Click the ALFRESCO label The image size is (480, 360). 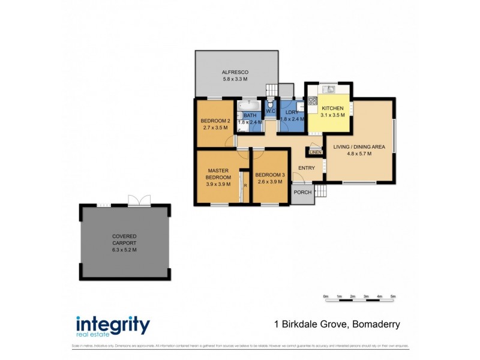click(235, 71)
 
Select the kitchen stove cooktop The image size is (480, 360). click(312, 101)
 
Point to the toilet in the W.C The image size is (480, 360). click(270, 103)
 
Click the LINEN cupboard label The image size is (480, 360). click(315, 152)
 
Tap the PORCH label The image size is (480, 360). click(303, 193)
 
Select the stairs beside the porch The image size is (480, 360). click(320, 191)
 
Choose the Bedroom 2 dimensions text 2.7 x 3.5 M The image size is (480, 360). click(215, 128)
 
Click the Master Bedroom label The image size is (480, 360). click(218, 174)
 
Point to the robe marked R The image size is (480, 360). click(245, 185)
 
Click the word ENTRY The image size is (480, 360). click(307, 168)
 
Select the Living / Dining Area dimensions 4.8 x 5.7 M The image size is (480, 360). click(360, 154)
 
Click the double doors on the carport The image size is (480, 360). click(137, 201)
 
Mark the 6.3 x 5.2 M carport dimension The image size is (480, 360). click(125, 250)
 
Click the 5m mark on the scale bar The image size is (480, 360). click(393, 296)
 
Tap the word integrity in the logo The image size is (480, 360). click(113, 324)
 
